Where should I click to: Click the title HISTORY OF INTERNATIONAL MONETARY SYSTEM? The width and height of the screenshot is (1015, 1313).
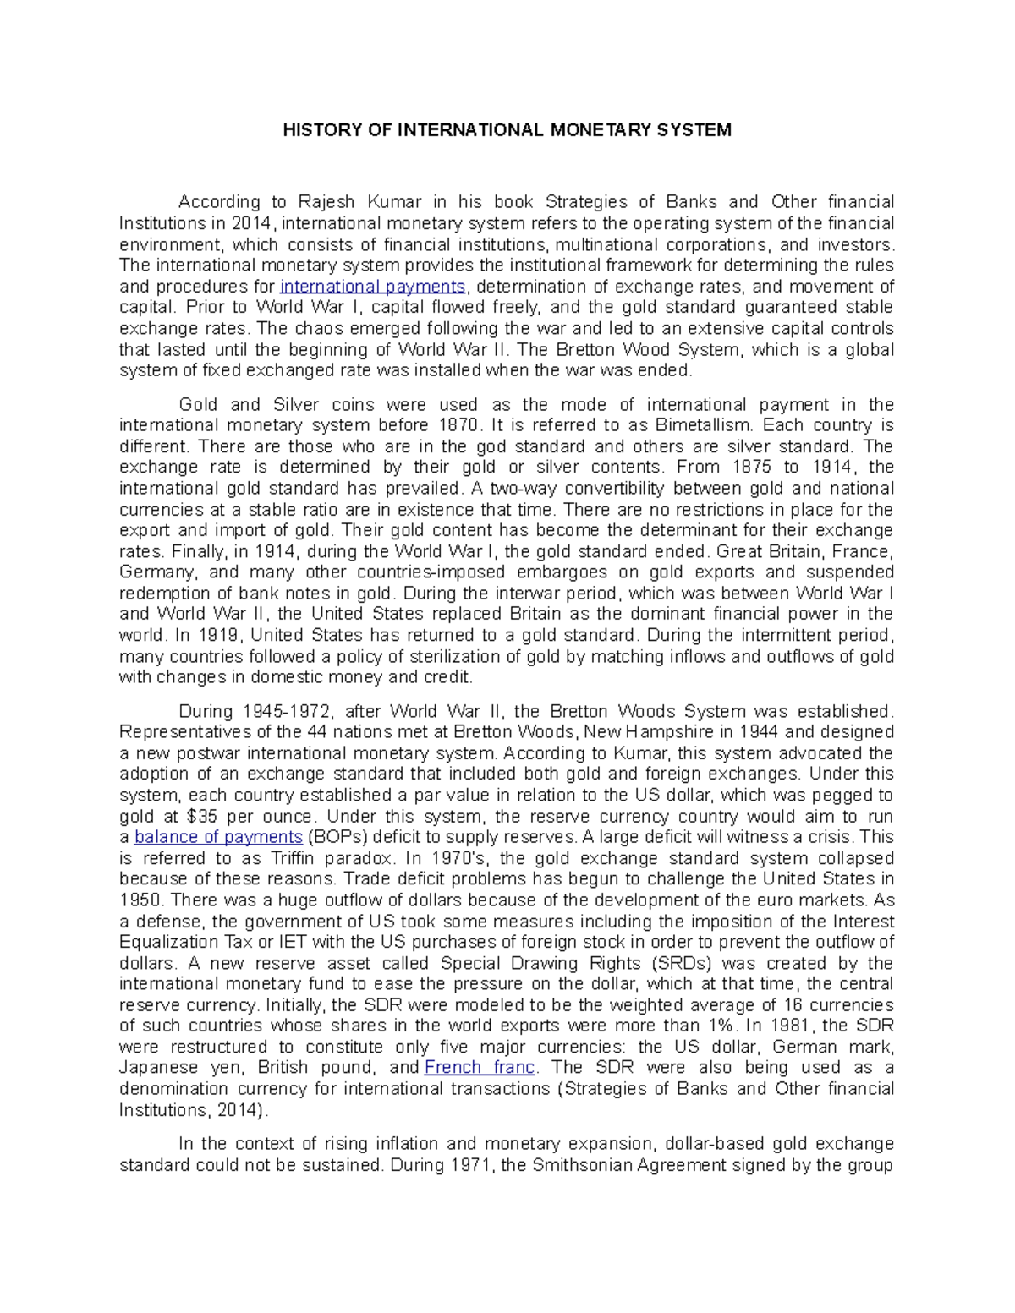pos(507,130)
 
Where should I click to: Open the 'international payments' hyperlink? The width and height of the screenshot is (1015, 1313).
pos(372,287)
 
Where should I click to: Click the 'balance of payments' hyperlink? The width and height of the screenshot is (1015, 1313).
pos(218,837)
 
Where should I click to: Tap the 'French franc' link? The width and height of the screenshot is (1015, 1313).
pos(479,1068)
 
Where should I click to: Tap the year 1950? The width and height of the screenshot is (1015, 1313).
pos(140,900)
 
